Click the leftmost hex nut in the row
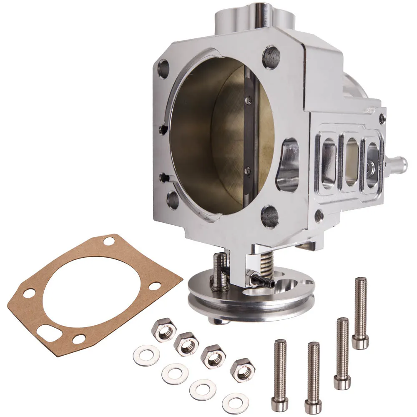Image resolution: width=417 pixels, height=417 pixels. pyautogui.click(x=164, y=330)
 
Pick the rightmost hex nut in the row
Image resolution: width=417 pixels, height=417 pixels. pyautogui.click(x=243, y=369)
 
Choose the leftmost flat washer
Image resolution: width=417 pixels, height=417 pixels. pyautogui.click(x=146, y=355)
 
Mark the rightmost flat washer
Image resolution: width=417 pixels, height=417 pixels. pyautogui.click(x=236, y=404)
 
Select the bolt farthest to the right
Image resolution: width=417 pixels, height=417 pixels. pyautogui.click(x=360, y=313)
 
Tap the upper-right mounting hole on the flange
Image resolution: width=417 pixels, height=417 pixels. pyautogui.click(x=271, y=58)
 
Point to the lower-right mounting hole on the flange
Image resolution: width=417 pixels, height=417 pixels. pyautogui.click(x=270, y=216)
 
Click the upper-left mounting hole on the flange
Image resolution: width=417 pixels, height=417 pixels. pyautogui.click(x=163, y=69)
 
